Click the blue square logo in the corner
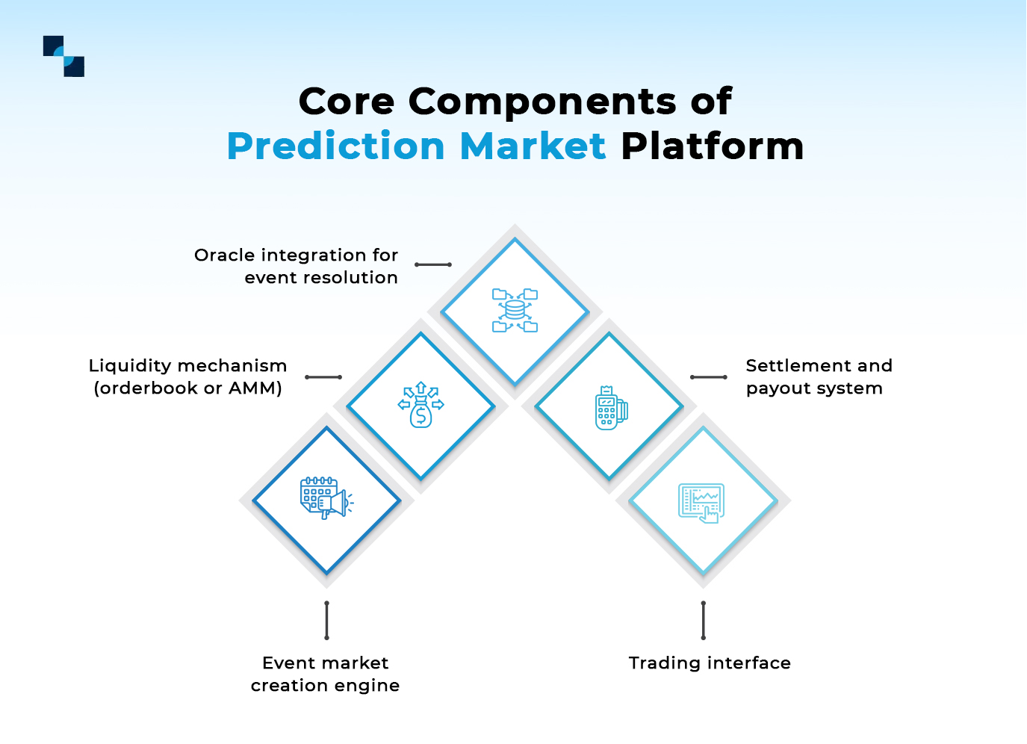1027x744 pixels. tap(63, 56)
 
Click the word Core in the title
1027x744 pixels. tap(346, 101)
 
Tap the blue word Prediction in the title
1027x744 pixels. tap(335, 146)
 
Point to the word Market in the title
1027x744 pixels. tap(533, 146)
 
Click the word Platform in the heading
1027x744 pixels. tap(712, 146)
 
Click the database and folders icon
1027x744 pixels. tap(515, 310)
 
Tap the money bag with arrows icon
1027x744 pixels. tap(421, 405)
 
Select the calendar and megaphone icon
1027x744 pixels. tap(326, 498)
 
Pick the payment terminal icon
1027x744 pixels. tap(610, 408)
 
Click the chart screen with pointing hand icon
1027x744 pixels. tap(701, 503)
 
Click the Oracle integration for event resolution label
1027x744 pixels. tap(297, 266)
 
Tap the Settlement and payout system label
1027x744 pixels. tap(818, 376)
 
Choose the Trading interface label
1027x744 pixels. tap(710, 663)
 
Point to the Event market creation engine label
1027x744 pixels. tap(325, 674)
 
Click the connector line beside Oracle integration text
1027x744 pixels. tap(433, 264)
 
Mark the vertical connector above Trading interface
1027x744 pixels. tap(703, 621)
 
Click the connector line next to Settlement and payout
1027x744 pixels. tap(708, 377)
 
